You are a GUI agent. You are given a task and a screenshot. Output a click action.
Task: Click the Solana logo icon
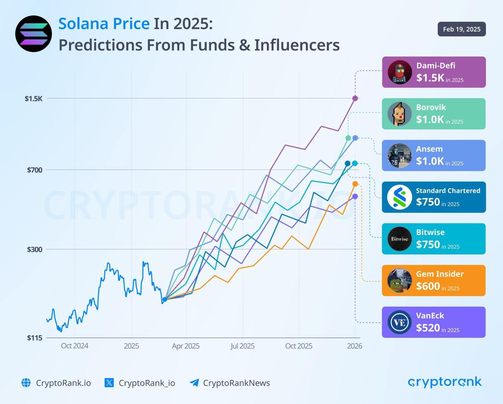pos(33,34)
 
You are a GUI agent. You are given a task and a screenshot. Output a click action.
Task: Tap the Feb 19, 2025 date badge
pos(461,29)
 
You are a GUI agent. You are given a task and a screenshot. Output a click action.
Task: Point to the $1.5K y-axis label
pos(33,98)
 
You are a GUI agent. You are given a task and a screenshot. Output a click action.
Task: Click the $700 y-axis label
pos(34,170)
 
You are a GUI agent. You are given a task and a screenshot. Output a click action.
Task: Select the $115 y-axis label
pos(34,338)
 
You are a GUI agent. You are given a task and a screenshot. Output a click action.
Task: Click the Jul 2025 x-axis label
pos(242,346)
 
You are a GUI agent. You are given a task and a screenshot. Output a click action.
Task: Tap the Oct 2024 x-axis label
pos(74,346)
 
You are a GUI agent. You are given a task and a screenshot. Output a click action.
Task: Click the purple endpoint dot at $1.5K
pos(355,98)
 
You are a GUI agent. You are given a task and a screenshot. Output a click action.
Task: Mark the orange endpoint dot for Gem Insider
pos(355,184)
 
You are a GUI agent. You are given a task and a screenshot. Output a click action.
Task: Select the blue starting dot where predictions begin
pos(165,299)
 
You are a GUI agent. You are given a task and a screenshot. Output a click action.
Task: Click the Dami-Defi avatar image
pos(400,72)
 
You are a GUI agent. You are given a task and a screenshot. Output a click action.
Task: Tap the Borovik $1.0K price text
pos(430,119)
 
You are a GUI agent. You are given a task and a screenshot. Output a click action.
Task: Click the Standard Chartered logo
pos(400,197)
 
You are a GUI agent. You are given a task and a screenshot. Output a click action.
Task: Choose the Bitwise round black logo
pos(400,239)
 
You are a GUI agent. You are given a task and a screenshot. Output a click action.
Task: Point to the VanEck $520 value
pos(428,328)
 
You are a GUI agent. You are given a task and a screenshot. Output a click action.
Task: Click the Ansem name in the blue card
pos(429,149)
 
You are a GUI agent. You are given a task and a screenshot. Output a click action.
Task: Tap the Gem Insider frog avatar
pos(400,280)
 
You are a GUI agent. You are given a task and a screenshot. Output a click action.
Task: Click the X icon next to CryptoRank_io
pos(109,383)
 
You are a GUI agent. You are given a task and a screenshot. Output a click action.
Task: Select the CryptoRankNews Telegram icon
pos(194,383)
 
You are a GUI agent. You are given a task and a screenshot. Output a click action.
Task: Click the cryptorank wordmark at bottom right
pos(444,382)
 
